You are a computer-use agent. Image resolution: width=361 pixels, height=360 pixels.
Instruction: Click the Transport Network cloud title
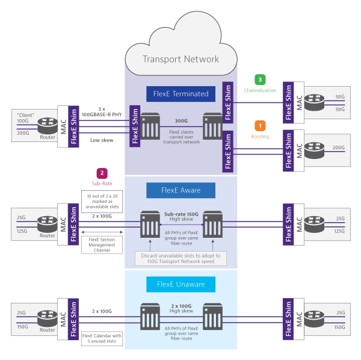point(180,59)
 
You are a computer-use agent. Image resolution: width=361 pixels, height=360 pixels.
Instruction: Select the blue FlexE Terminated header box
point(181,93)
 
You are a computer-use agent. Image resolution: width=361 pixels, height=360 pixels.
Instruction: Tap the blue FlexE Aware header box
point(181,190)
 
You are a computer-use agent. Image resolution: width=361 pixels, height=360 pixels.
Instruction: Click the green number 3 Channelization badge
point(260,79)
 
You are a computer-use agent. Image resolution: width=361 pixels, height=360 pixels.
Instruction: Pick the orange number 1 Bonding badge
point(260,126)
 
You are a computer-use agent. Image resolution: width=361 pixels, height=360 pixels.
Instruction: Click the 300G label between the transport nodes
point(181,120)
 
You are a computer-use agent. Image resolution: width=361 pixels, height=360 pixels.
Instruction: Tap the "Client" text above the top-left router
point(26,114)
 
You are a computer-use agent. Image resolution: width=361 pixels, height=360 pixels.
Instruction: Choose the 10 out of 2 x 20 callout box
point(102,199)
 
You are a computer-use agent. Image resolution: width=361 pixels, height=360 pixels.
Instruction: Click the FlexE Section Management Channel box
point(102,244)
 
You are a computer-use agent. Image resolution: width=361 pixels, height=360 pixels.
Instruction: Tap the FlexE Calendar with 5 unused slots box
point(102,339)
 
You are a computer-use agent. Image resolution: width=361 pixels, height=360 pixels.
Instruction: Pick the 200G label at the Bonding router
point(339,147)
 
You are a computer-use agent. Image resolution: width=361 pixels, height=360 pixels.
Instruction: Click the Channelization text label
point(260,90)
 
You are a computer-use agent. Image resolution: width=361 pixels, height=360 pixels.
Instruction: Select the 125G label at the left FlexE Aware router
point(22,230)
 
